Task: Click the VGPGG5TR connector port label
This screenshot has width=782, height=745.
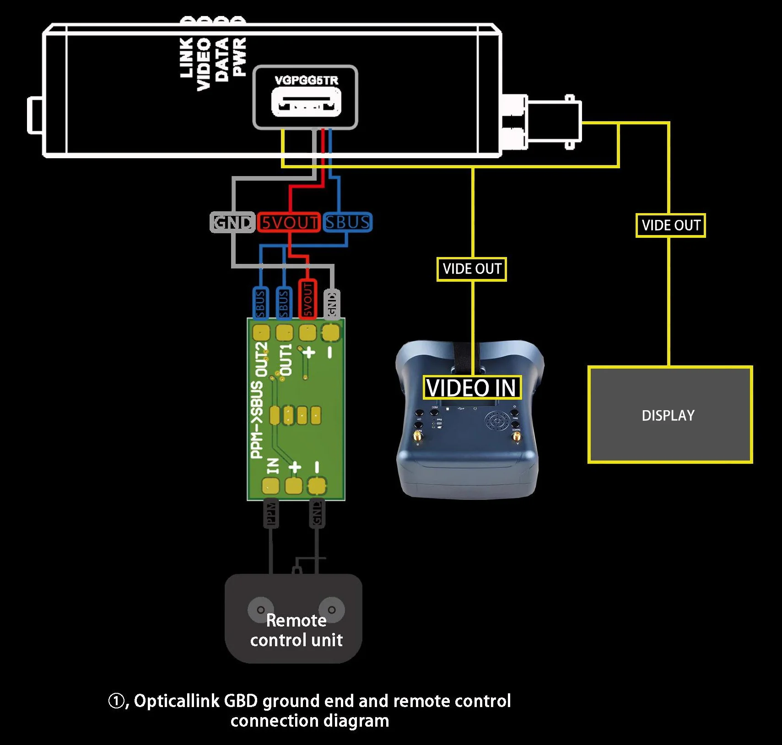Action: click(306, 80)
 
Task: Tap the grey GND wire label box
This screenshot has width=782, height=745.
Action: click(232, 222)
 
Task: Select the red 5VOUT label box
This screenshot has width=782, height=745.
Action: click(289, 222)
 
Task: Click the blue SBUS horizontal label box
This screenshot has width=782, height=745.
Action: click(347, 222)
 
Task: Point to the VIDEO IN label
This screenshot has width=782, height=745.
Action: click(471, 388)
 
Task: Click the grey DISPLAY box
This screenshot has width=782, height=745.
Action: click(669, 415)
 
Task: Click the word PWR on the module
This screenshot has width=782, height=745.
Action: click(239, 57)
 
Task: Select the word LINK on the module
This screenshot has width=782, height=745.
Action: click(186, 58)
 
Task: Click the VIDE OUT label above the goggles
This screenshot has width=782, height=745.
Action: click(472, 269)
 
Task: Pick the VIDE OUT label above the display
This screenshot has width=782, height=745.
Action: click(671, 225)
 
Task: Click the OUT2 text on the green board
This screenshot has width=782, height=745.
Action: click(261, 359)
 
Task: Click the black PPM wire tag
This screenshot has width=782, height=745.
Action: click(271, 514)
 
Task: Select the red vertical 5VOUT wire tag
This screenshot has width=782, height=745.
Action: click(307, 299)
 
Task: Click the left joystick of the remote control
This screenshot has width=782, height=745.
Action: click(260, 610)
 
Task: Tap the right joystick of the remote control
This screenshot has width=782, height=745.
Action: click(332, 610)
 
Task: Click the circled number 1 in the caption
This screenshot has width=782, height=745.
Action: click(116, 701)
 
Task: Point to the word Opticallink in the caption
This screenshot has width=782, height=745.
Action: click(176, 701)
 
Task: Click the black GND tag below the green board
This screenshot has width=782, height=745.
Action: click(317, 514)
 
